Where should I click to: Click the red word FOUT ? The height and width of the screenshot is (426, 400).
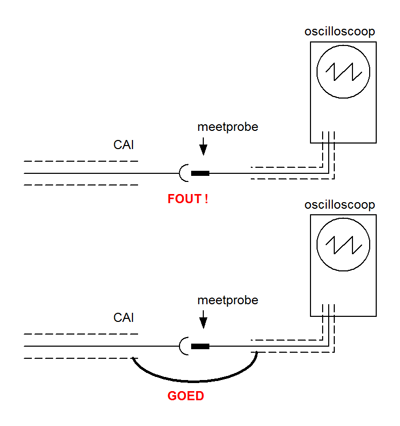coord(188,199)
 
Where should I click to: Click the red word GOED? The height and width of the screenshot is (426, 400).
coord(186,396)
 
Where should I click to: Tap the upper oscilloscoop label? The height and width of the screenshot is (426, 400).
coord(340,31)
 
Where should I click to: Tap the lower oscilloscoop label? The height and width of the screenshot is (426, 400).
coord(340,204)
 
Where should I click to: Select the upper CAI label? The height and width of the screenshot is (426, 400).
coord(124,145)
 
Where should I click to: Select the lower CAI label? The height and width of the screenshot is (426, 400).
coord(124,318)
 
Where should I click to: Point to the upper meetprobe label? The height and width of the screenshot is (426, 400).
coord(228,127)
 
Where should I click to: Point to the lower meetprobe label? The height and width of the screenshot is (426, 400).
coord(228,300)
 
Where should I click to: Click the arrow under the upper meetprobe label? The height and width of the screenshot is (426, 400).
coord(203,146)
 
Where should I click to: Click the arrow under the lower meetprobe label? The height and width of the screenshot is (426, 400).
coord(203,319)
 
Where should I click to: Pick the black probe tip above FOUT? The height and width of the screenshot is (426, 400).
coord(200,173)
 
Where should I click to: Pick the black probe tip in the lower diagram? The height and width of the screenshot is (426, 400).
coord(200,346)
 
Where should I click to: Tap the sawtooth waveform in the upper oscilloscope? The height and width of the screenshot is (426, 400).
coord(343,72)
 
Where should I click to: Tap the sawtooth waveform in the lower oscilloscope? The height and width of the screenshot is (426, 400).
coord(343,245)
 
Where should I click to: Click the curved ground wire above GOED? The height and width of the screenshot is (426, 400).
coord(195,381)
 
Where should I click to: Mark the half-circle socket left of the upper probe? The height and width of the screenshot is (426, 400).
coord(180,173)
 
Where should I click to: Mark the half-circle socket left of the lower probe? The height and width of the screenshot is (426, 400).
coord(180,346)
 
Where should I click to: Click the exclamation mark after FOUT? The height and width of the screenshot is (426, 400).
coord(206,199)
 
